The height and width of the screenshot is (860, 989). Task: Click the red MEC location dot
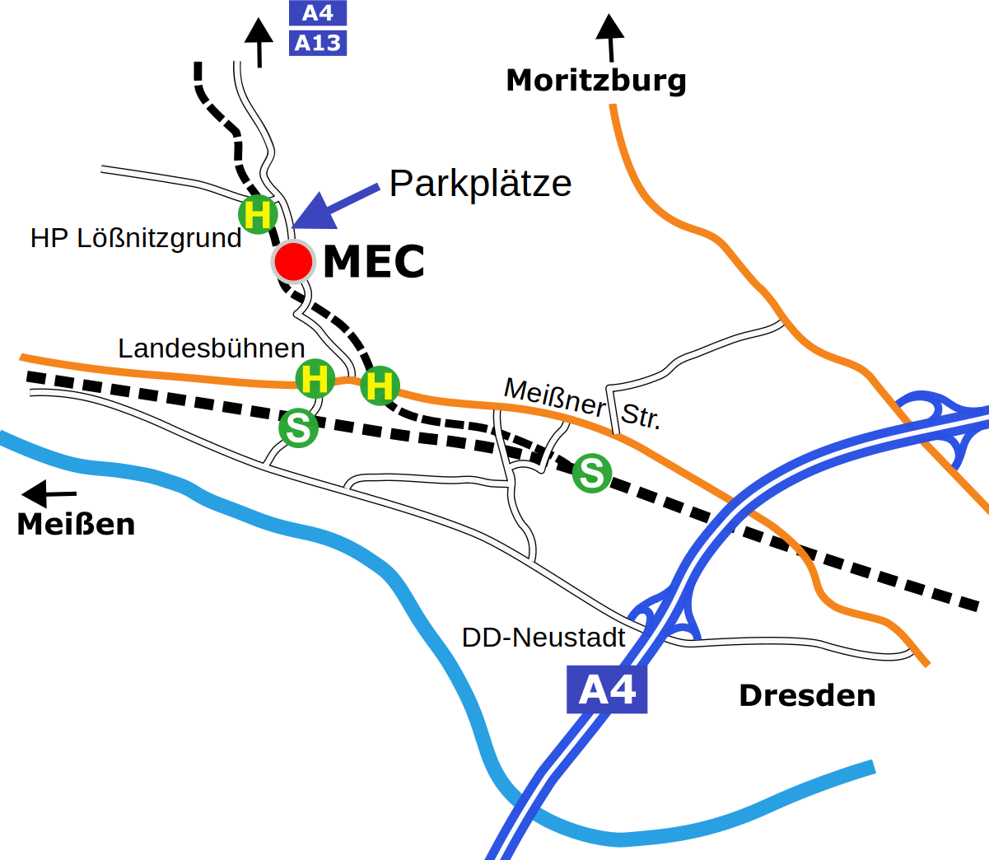(x=293, y=262)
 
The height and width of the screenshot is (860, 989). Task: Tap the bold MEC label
(x=374, y=262)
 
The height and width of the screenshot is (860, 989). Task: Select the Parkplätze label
(x=480, y=183)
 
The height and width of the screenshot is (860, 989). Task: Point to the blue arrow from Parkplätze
(x=334, y=207)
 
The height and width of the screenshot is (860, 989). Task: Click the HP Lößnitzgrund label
(x=136, y=238)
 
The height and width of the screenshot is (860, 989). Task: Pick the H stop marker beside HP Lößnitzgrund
(x=258, y=215)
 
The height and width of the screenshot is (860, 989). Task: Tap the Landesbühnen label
(x=212, y=348)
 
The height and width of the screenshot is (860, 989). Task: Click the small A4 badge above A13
(x=318, y=13)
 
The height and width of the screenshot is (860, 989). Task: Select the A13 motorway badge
(x=318, y=43)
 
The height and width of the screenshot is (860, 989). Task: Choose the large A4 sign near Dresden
(x=607, y=689)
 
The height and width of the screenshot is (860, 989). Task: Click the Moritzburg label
(x=596, y=81)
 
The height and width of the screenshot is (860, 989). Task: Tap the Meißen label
(x=76, y=525)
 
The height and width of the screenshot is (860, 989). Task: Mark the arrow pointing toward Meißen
(x=48, y=494)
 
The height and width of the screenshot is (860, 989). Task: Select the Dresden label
(x=807, y=696)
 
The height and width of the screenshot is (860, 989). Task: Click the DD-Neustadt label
(x=543, y=638)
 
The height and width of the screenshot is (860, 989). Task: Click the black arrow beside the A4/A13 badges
(x=259, y=42)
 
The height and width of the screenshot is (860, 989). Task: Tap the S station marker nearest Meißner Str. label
(x=592, y=473)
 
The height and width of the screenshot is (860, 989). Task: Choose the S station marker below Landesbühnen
(x=298, y=428)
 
